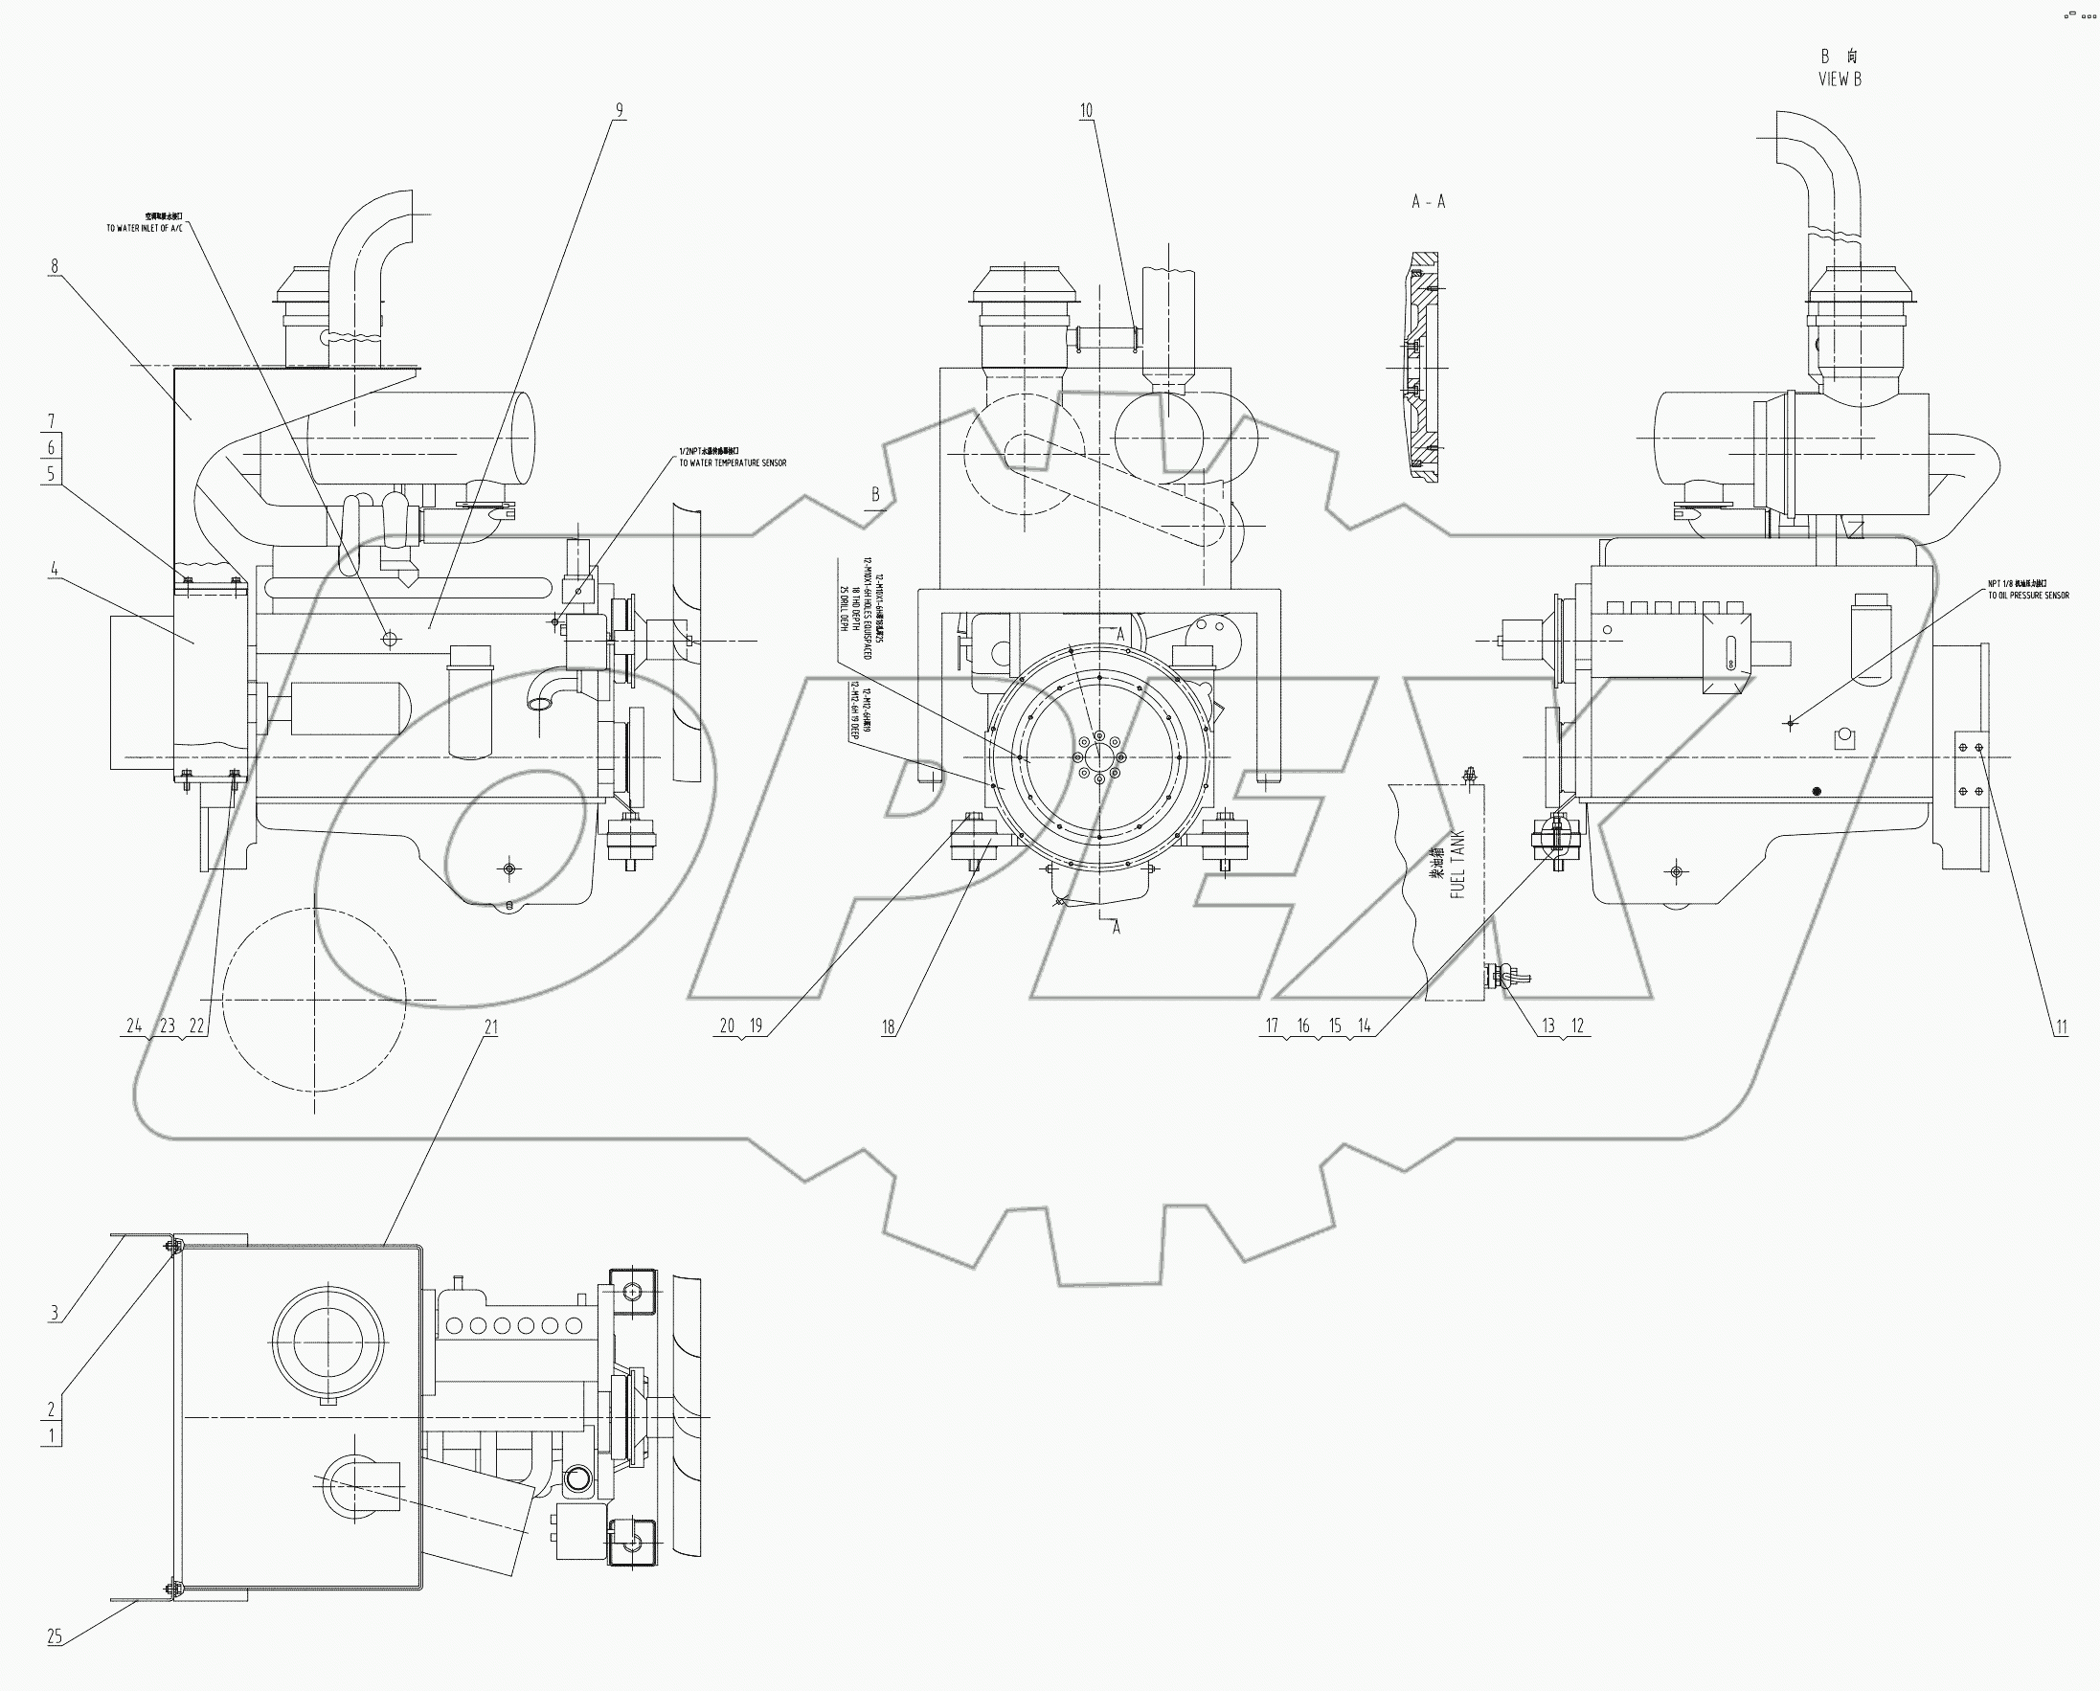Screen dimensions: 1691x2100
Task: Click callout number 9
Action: click(619, 111)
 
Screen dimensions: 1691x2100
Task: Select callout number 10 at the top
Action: click(1086, 111)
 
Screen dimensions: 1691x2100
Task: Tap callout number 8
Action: click(55, 266)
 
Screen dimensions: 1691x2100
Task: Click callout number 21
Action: click(491, 1026)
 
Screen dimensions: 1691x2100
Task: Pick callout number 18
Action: click(888, 1026)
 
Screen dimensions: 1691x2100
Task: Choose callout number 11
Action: click(2061, 1026)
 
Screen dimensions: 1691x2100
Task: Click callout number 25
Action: click(55, 1636)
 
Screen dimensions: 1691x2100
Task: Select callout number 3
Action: click(55, 1313)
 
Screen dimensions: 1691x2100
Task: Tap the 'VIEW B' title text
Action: click(1839, 79)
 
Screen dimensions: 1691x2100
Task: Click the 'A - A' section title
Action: click(1428, 202)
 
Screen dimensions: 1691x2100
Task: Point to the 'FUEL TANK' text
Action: click(1458, 864)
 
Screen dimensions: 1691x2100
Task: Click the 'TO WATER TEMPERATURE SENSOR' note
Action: click(733, 463)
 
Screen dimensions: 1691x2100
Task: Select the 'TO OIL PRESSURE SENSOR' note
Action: click(2028, 596)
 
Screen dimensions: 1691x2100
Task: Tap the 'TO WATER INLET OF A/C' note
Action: click(145, 228)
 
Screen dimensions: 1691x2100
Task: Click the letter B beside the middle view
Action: click(875, 495)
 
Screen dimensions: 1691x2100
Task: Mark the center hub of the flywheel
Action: click(1098, 757)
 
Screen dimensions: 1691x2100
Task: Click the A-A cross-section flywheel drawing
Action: click(1424, 369)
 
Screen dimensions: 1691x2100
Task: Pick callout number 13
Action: click(1548, 1026)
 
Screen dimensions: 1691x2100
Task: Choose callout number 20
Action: click(727, 1026)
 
